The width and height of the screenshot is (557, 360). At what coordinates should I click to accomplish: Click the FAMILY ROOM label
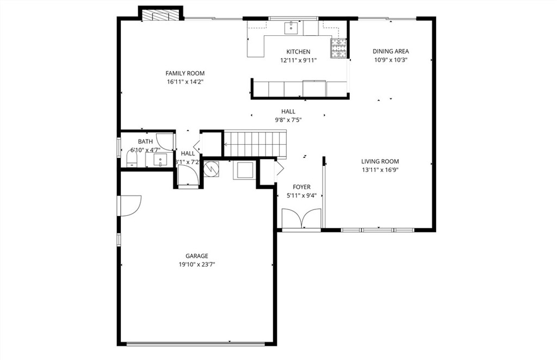coord(185,73)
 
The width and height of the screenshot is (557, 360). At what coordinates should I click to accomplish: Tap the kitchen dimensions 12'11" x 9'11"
coord(298,60)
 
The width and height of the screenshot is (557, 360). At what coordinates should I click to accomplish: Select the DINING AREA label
coord(391,52)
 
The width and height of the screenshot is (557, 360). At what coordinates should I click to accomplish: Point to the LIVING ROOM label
coord(380,161)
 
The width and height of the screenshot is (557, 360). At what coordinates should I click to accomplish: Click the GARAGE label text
coord(196,256)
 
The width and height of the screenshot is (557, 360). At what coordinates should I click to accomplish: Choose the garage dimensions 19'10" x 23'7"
coord(196,265)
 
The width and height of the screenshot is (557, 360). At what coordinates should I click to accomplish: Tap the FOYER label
coord(301,187)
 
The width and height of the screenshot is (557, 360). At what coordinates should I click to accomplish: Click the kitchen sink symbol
coord(293,26)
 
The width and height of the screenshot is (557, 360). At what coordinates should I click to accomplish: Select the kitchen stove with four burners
coord(338,48)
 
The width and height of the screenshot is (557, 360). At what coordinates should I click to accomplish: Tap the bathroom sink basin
coord(159,159)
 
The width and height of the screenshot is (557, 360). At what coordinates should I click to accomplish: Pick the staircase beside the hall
coord(255,143)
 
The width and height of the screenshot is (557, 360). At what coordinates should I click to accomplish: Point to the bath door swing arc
coord(165,141)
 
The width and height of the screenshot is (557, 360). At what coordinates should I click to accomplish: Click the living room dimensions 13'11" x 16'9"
coord(380,170)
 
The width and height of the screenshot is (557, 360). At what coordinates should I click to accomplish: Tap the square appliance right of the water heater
coord(243,170)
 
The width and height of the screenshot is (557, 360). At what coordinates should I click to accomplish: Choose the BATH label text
coord(145,141)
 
